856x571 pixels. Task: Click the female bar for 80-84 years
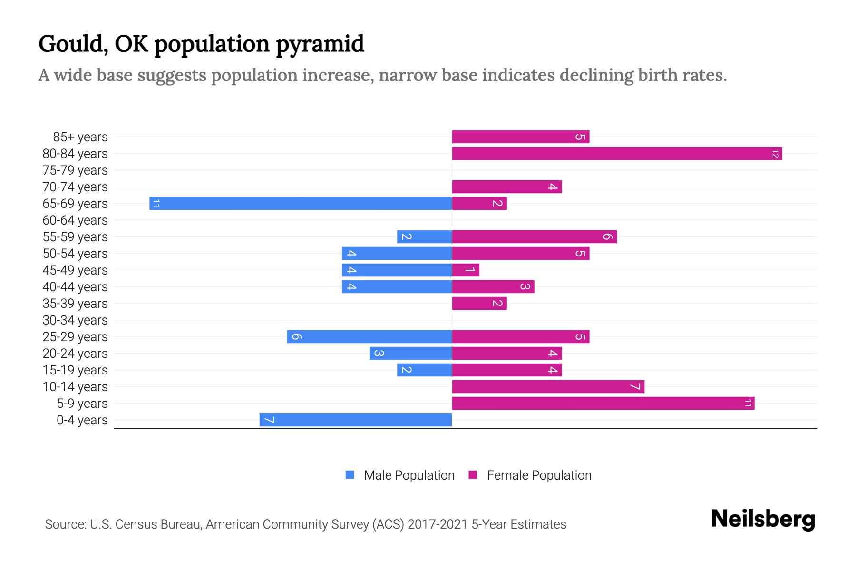pyautogui.click(x=617, y=154)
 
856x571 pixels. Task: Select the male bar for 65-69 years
pyautogui.click(x=301, y=204)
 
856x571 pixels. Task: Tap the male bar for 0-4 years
pyautogui.click(x=356, y=420)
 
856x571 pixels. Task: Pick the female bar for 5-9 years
pyautogui.click(x=603, y=404)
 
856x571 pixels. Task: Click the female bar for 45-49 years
pyautogui.click(x=466, y=270)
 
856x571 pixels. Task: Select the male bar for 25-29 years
pyautogui.click(x=370, y=337)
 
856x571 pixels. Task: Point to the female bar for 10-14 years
pyautogui.click(x=548, y=387)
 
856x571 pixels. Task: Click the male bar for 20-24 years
pyautogui.click(x=411, y=354)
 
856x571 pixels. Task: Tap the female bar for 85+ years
pyautogui.click(x=521, y=137)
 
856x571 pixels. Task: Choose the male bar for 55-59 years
pyautogui.click(x=425, y=237)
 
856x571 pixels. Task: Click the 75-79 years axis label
pyautogui.click(x=75, y=170)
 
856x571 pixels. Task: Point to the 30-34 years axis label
pyautogui.click(x=75, y=320)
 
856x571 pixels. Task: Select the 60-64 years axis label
pyautogui.click(x=75, y=220)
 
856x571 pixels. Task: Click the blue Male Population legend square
pyautogui.click(x=350, y=475)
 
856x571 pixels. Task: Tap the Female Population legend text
pyautogui.click(x=539, y=475)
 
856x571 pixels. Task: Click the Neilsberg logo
pyautogui.click(x=763, y=519)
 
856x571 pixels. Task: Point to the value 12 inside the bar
pyautogui.click(x=776, y=154)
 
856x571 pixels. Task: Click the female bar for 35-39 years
pyautogui.click(x=479, y=304)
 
